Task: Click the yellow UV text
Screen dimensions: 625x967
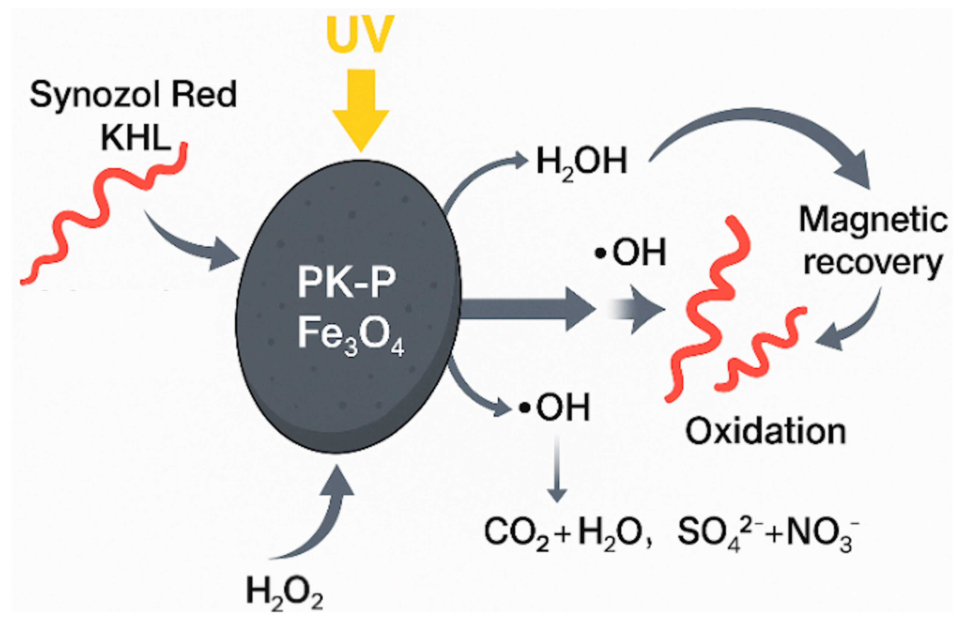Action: pyautogui.click(x=360, y=34)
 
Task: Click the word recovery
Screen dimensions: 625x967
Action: pyautogui.click(x=872, y=263)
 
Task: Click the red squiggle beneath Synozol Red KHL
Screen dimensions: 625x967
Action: pyautogui.click(x=101, y=211)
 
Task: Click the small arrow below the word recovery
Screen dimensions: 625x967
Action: pyautogui.click(x=852, y=325)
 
